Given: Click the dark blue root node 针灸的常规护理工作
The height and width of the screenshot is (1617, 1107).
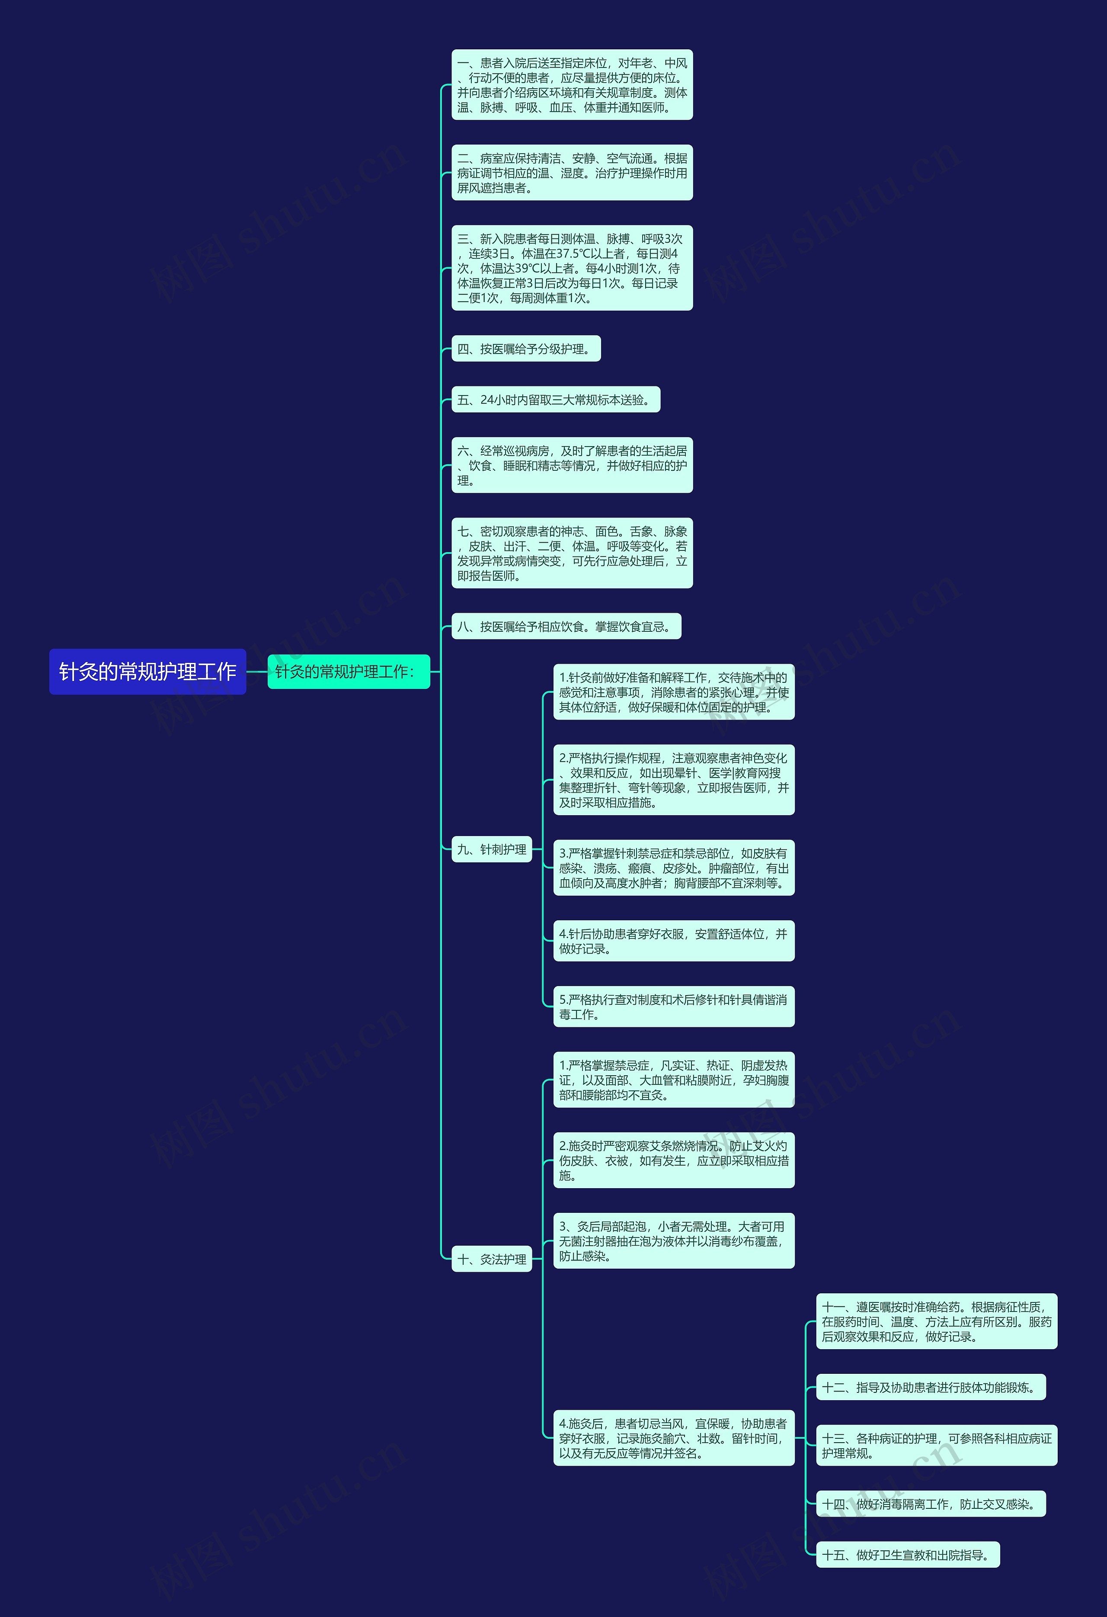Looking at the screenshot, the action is [x=147, y=672].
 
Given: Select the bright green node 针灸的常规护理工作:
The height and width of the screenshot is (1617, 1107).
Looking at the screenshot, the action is [x=349, y=672].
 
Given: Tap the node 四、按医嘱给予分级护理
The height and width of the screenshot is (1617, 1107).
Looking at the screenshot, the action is [x=526, y=349].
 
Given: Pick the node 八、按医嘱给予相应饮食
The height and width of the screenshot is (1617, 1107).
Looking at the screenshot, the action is [x=566, y=626].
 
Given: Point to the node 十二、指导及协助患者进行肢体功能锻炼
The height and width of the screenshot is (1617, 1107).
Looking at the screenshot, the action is [x=931, y=1387].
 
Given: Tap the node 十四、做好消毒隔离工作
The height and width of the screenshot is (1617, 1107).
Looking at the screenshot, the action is [x=931, y=1504].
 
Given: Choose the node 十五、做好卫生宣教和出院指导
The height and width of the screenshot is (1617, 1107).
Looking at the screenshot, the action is [x=907, y=1554].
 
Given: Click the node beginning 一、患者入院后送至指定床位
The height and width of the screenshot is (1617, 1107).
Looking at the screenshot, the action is [x=572, y=85].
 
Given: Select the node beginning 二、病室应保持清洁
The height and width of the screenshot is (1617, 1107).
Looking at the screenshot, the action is [x=572, y=173].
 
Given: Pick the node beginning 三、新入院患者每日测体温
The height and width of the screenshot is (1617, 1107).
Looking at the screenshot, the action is [x=572, y=268].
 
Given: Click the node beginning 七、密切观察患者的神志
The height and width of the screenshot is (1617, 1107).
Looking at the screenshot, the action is [x=572, y=553].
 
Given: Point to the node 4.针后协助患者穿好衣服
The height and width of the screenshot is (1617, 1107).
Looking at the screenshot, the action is [x=673, y=941].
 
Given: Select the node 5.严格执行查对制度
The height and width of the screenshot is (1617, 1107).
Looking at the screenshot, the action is [x=673, y=1006].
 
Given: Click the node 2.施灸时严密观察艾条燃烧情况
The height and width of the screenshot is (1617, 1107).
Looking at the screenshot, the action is [x=673, y=1160].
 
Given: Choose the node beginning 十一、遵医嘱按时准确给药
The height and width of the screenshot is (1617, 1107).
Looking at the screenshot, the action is [x=936, y=1321].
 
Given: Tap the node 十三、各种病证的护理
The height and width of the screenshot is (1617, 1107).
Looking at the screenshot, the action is [x=936, y=1445].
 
